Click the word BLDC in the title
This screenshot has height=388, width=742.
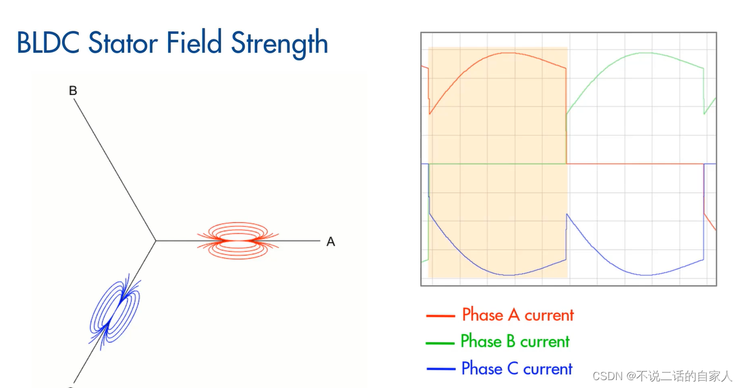pos(48,42)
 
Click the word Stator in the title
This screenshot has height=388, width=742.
pos(123,42)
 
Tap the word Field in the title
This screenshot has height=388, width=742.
pos(194,42)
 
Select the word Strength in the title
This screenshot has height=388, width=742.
pos(279,44)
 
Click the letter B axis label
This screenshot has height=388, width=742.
pos(73,90)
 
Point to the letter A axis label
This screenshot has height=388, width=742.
pos(330,242)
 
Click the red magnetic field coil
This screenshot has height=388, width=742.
pos(238,240)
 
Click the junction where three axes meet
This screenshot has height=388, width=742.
pos(156,240)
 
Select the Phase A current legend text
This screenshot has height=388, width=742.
pos(517,314)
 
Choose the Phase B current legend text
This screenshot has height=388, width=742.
pos(515,341)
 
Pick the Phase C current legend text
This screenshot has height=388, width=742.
pos(517,368)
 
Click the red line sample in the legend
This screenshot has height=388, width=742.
pos(441,316)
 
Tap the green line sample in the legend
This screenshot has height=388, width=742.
pos(440,343)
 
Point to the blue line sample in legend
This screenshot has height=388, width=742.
pos(441,369)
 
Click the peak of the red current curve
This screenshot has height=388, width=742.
pos(510,53)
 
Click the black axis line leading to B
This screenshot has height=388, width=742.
pos(114,169)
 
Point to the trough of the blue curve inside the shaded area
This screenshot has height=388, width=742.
pos(510,275)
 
